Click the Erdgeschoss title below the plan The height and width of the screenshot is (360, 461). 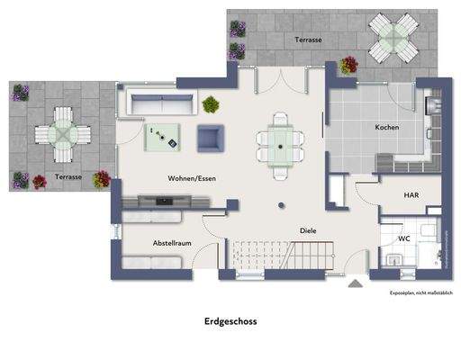pyautogui.click(x=230, y=320)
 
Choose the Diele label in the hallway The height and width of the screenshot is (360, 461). pyautogui.click(x=308, y=230)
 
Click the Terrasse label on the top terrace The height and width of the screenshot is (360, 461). pyautogui.click(x=309, y=40)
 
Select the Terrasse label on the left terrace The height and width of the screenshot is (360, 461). pyautogui.click(x=68, y=177)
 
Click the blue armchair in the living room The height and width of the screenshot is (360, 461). pyautogui.click(x=211, y=138)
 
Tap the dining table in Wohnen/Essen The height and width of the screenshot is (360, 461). pyautogui.click(x=280, y=143)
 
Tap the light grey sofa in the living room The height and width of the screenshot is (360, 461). pyautogui.click(x=156, y=104)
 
